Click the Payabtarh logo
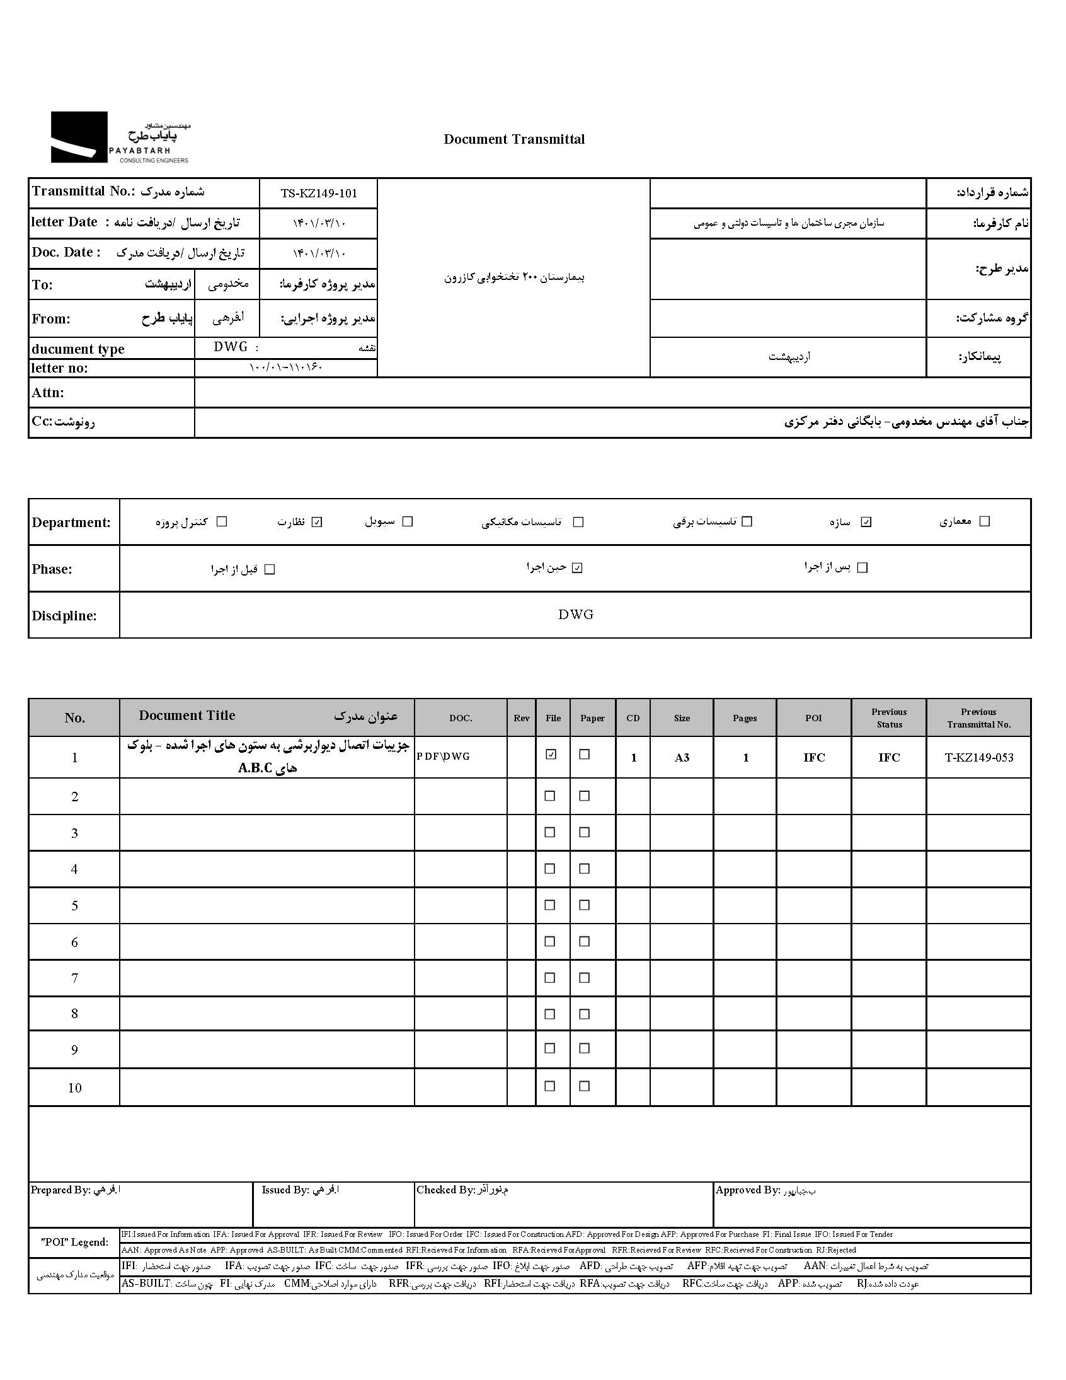click(120, 137)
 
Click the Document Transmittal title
click(514, 140)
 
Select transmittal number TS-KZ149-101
click(319, 194)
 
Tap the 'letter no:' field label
click(60, 368)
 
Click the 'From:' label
click(51, 319)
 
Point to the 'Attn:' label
click(48, 393)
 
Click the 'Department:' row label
click(71, 523)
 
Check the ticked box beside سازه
click(866, 522)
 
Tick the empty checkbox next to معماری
click(984, 521)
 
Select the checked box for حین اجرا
click(576, 568)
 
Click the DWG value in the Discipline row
click(576, 615)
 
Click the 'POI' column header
click(813, 718)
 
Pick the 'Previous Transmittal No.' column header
click(978, 718)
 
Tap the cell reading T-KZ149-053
click(978, 758)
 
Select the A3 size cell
click(682, 758)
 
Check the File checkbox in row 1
click(551, 755)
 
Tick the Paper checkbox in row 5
click(585, 905)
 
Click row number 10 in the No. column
click(74, 1088)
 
